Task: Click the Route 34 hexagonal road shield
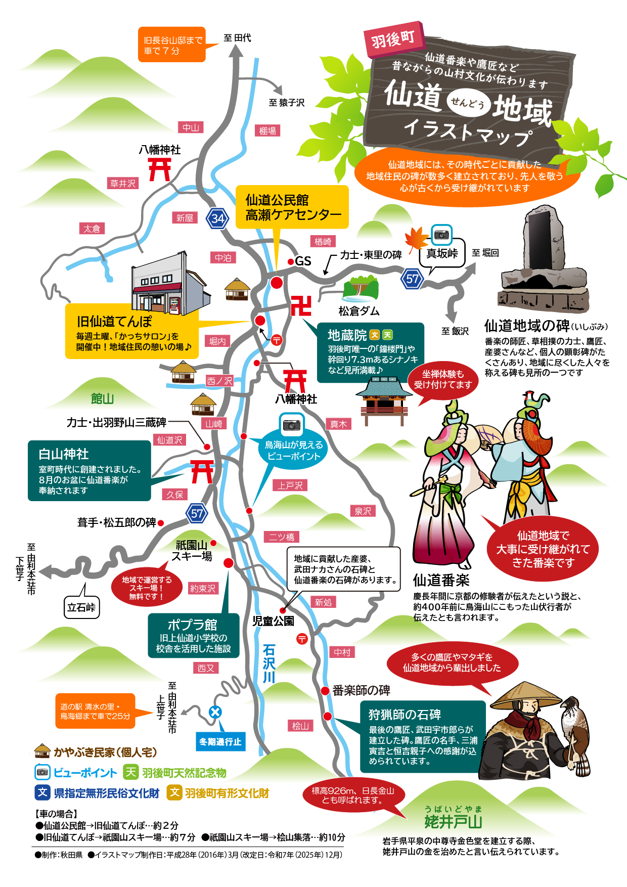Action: coord(218,218)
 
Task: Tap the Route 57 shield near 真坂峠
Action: coord(412,278)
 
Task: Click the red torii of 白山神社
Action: coord(202,472)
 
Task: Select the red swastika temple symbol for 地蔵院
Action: coord(301,306)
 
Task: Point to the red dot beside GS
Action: coord(291,261)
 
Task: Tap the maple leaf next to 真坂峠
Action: coord(417,239)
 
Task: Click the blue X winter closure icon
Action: coord(215,712)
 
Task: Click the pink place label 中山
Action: coord(191,127)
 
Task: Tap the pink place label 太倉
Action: coord(92,229)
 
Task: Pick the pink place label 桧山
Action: coord(300,726)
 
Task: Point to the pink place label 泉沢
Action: coord(363,511)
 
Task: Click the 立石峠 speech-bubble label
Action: coord(81,607)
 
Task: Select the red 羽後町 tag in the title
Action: coord(393,39)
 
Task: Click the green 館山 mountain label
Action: coord(102,399)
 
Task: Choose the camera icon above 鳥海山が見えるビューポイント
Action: coord(292,425)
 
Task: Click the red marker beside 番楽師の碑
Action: coord(326,691)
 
